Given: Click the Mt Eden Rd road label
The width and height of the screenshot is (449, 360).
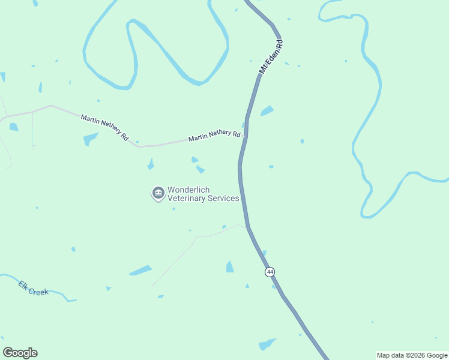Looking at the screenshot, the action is (x=271, y=57).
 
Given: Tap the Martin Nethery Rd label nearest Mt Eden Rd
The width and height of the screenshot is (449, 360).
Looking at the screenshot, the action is (x=214, y=137).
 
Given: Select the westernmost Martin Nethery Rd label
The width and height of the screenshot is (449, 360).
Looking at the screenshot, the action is (x=104, y=127).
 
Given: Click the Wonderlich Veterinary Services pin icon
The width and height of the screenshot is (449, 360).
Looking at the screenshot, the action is (x=158, y=193).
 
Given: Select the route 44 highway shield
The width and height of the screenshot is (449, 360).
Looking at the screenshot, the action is (x=270, y=272).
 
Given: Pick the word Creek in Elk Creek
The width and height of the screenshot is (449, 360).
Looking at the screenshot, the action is (x=39, y=292).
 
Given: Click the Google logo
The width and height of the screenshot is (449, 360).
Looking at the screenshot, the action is (x=20, y=353).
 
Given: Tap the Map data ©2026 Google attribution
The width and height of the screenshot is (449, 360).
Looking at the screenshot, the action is (x=412, y=355).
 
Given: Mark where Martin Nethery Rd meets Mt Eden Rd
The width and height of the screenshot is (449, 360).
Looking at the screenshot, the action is (x=244, y=135).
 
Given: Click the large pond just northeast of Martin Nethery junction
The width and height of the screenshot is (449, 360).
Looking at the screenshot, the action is (x=267, y=111).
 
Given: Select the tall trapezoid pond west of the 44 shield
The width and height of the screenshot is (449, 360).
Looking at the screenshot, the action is (x=230, y=266).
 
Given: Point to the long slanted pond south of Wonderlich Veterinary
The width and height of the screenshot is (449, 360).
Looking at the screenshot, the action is (x=140, y=271).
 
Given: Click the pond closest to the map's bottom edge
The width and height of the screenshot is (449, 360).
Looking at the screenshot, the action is (x=267, y=344).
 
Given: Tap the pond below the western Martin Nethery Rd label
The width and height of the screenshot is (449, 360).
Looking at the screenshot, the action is (x=90, y=139).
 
